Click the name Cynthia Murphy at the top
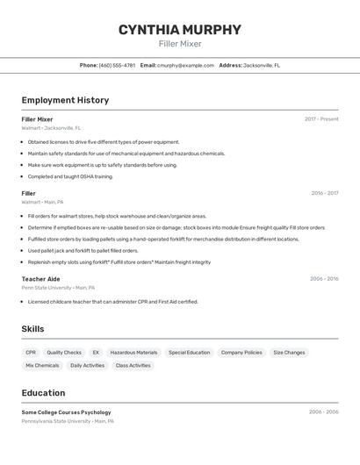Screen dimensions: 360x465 [x=179, y=30]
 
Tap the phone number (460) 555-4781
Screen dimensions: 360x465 [x=117, y=65]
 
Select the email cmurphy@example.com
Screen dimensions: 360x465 [x=185, y=65]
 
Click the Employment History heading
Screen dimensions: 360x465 [x=65, y=100]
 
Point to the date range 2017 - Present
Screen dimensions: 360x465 [x=321, y=118]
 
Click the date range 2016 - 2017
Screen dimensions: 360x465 [x=324, y=193]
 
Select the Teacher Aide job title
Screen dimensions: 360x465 [x=40, y=278]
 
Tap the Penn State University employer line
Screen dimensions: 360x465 [x=58, y=287]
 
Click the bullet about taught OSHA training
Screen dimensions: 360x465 [x=70, y=176]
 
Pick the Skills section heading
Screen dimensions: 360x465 [x=32, y=329]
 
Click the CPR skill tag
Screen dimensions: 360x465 [x=31, y=353]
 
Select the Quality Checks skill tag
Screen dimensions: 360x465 [x=64, y=353]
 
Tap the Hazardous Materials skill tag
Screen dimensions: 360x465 [x=133, y=353]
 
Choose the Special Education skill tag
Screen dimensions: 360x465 [x=189, y=353]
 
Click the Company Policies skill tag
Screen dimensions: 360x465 [x=241, y=353]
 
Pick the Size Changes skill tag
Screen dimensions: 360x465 [x=289, y=353]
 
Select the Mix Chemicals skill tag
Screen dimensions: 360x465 [x=42, y=365]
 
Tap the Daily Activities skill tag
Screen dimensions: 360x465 [x=87, y=365]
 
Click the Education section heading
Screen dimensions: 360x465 [x=43, y=393]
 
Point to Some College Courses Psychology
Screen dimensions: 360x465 [x=66, y=411]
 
